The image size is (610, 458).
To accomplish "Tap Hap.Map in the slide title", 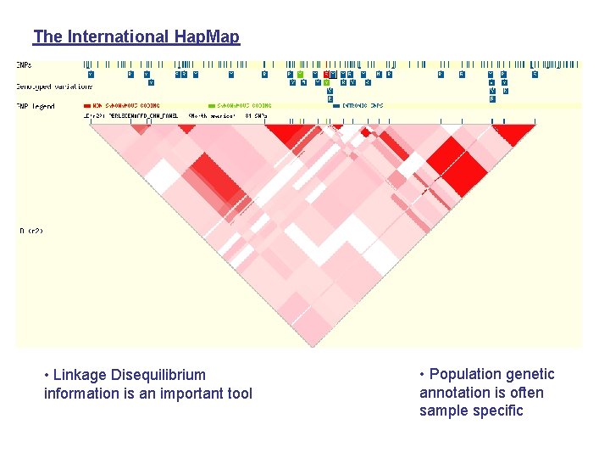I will pyautogui.click(x=207, y=36).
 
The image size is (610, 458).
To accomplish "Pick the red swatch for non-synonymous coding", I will pyautogui.click(x=87, y=106).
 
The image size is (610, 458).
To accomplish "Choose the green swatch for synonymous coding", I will pyautogui.click(x=212, y=106).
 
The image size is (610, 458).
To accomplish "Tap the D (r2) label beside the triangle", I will pyautogui.click(x=30, y=231).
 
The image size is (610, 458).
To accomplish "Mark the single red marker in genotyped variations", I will pyautogui.click(x=326, y=74).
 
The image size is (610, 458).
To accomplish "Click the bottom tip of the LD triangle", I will pyautogui.click(x=312, y=345).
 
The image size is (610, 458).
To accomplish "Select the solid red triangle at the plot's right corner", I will pyautogui.click(x=513, y=132).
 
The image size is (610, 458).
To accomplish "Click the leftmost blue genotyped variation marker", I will pyautogui.click(x=90, y=74).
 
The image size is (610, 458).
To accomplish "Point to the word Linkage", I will pyautogui.click(x=80, y=375).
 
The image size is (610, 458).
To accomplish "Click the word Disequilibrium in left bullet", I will pyautogui.click(x=158, y=375).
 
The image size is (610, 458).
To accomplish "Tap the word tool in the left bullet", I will pyautogui.click(x=237, y=394).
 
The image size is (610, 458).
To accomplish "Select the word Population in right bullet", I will pyautogui.click(x=470, y=374).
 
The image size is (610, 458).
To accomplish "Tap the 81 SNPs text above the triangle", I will pyautogui.click(x=257, y=114).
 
